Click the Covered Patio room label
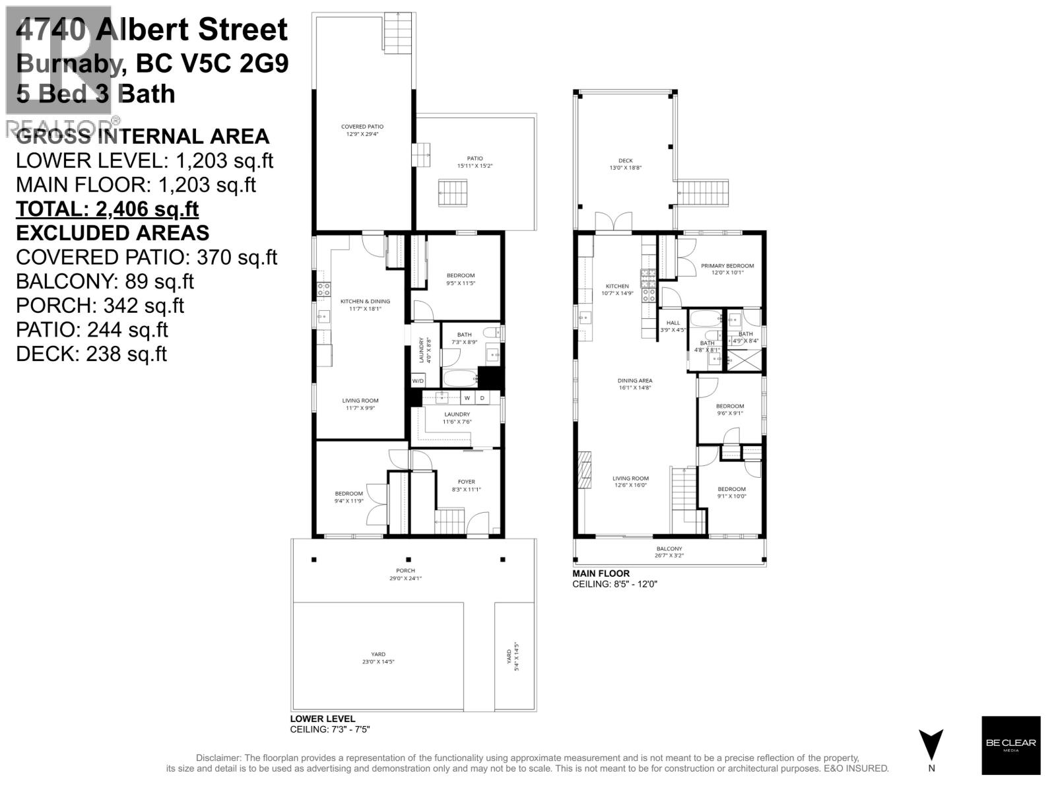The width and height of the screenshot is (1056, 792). (362, 130)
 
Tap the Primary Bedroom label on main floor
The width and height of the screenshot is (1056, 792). (727, 269)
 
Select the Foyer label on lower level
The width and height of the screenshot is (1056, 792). (466, 485)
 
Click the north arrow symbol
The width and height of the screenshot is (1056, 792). (931, 746)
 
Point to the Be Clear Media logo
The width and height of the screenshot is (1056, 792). (1010, 745)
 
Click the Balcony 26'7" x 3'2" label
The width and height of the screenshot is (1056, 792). (669, 552)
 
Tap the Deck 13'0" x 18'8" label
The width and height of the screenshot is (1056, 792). (625, 164)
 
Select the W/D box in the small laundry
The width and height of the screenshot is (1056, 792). (418, 381)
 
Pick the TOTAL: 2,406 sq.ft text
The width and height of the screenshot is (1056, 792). (107, 209)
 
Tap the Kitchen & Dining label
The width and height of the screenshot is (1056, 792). (365, 304)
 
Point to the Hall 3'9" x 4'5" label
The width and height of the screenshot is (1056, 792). (673, 326)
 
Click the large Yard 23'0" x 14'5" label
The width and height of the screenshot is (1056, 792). (378, 657)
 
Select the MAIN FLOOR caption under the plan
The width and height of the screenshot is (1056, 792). (601, 574)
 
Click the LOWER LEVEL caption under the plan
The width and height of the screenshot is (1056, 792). (322, 719)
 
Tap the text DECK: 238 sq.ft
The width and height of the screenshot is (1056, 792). (91, 354)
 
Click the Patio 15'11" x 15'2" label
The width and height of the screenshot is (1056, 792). (475, 162)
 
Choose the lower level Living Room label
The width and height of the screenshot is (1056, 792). (360, 404)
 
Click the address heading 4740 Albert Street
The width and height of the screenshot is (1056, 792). (152, 30)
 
